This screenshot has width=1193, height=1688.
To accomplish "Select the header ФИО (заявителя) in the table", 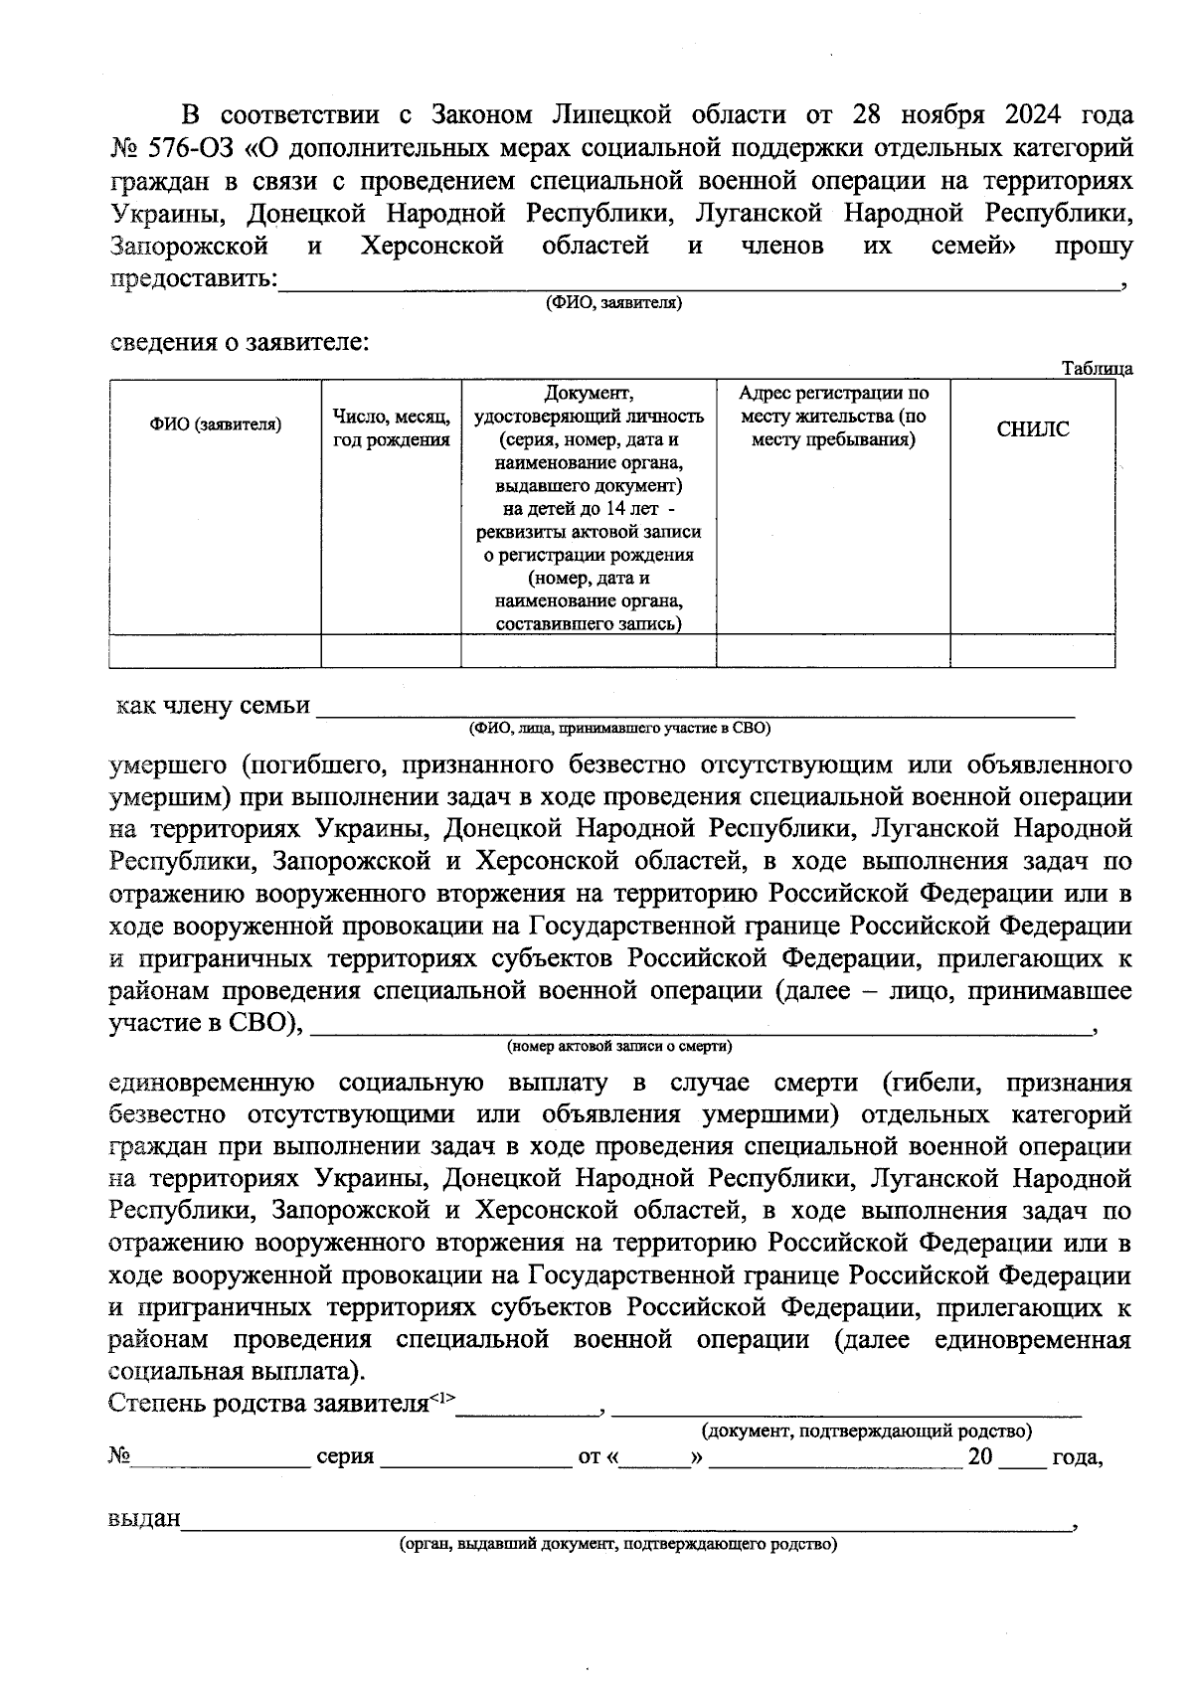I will pyautogui.click(x=216, y=424).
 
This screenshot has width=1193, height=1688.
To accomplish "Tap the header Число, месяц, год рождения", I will pyautogui.click(x=391, y=428).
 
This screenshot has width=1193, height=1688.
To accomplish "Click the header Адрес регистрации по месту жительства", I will pyautogui.click(x=833, y=416).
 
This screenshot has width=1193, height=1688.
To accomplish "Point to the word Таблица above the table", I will pyautogui.click(x=1097, y=369).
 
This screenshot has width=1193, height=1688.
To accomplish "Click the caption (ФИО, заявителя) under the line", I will pyautogui.click(x=612, y=302).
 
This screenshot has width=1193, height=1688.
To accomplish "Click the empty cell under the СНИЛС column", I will pyautogui.click(x=1032, y=650).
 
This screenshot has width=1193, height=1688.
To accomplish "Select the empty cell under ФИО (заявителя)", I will pyautogui.click(x=215, y=650).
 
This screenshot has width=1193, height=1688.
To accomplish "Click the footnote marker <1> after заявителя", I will pyautogui.click(x=441, y=1398).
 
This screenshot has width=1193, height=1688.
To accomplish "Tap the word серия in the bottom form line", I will pyautogui.click(x=345, y=1456).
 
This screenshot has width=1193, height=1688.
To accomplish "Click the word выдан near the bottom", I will pyautogui.click(x=144, y=1519).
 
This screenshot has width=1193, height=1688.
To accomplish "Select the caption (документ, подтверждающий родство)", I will pyautogui.click(x=866, y=1431).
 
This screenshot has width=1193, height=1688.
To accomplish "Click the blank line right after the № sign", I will pyautogui.click(x=221, y=1459).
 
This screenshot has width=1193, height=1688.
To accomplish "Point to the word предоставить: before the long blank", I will pyautogui.click(x=193, y=278).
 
